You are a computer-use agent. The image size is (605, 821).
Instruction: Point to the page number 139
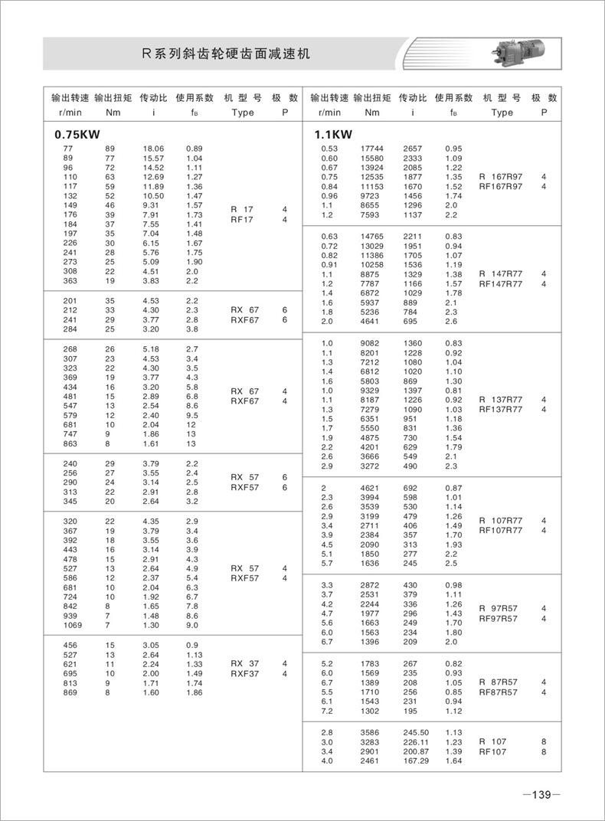coord(541,795)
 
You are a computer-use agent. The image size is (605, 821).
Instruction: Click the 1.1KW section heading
coord(333,134)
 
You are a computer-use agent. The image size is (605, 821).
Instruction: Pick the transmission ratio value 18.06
coord(153,148)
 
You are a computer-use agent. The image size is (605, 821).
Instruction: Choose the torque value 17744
coord(371,148)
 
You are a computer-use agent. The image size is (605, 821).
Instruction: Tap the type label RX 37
coord(245,663)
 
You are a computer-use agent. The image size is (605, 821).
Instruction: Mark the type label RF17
coord(243,219)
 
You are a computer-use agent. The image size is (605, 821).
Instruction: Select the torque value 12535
coord(371,176)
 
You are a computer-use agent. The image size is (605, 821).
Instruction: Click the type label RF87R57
coord(499,692)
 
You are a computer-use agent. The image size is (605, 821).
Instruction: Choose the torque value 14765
coord(371,236)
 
